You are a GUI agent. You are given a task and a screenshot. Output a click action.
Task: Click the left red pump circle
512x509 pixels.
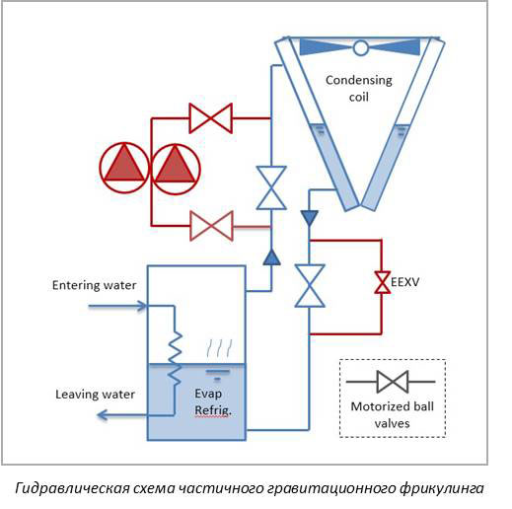click(125, 167)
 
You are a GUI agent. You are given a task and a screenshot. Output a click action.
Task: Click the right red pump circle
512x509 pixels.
click(176, 167)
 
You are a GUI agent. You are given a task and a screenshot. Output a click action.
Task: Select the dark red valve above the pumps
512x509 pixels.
click(209, 118)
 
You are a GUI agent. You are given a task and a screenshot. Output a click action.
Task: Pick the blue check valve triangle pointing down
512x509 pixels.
click(310, 216)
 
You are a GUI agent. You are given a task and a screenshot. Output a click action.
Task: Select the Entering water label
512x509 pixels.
click(94, 286)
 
